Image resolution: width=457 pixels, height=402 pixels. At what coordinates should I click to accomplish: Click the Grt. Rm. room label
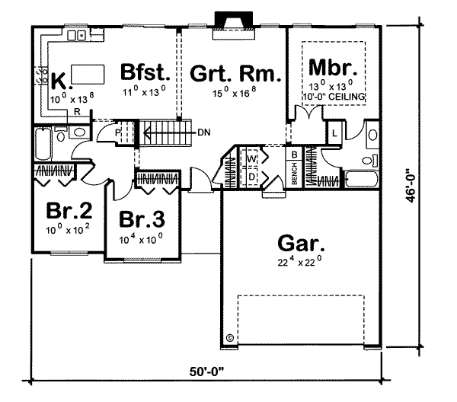235,73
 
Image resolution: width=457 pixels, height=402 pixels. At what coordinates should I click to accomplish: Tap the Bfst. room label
145,72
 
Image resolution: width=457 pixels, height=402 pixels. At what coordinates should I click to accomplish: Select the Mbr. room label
333,68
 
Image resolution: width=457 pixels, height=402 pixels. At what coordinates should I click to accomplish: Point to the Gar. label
301,244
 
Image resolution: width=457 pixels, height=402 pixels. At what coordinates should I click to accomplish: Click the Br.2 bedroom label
69,211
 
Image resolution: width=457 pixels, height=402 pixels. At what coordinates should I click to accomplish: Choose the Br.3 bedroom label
142,219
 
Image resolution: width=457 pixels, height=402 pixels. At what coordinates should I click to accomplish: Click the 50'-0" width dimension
206,372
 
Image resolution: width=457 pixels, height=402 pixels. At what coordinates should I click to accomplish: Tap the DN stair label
203,132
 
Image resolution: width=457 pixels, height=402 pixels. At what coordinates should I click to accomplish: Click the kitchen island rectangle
88,75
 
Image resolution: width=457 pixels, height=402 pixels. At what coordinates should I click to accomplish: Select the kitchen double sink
76,36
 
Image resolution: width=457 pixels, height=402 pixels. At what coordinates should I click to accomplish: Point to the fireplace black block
234,19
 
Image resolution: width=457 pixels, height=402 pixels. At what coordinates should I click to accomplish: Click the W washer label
251,159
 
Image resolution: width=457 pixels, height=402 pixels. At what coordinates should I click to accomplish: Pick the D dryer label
251,177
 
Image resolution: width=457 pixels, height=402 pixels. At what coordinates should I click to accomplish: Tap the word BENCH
294,174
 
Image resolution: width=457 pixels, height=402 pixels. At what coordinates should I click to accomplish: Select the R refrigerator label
77,112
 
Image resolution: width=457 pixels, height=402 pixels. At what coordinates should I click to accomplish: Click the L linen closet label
334,133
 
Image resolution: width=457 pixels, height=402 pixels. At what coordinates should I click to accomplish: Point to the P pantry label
117,132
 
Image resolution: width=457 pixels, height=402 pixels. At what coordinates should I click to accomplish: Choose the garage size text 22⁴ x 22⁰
299,261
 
